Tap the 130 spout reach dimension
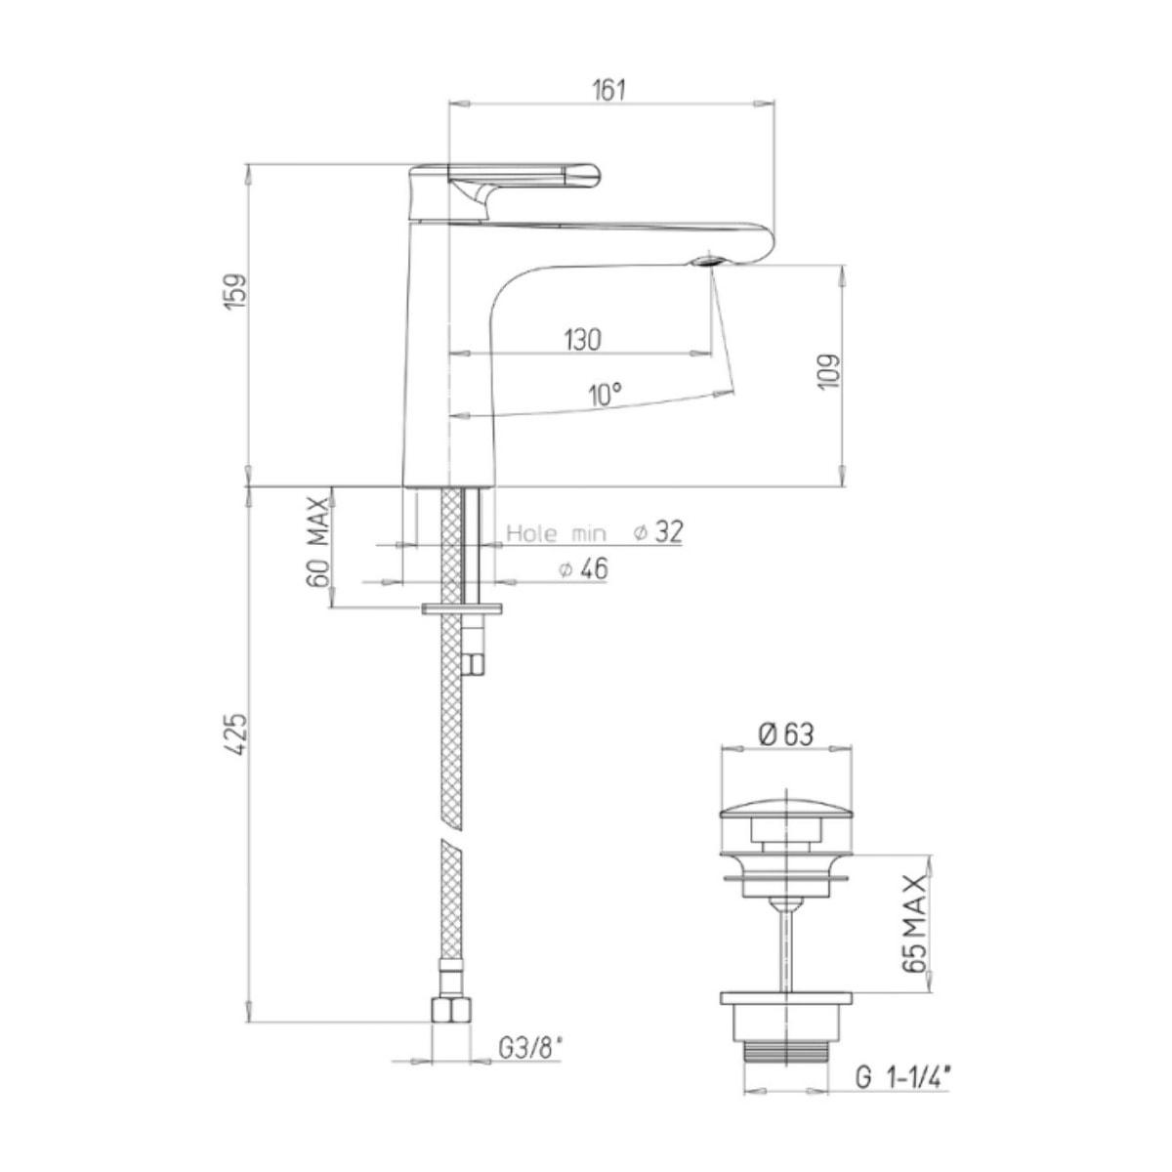582,339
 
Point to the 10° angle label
606,396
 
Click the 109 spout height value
829,371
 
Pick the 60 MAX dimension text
318,541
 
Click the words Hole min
557,534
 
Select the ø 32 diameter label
658,531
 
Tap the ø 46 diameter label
583,569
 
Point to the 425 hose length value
237,734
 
